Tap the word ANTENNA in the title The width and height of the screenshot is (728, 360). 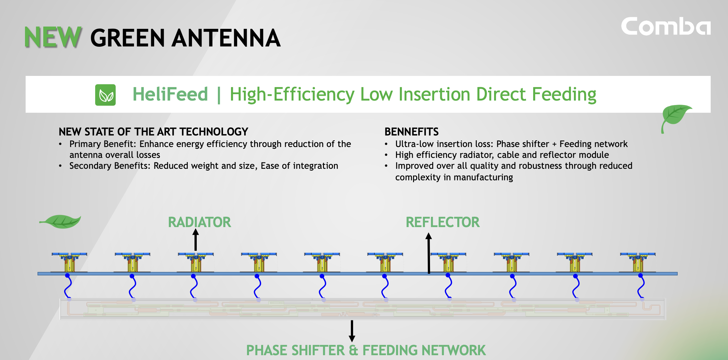click(x=226, y=38)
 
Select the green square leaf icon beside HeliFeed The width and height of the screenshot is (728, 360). click(x=105, y=95)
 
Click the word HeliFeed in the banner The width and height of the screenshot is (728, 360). click(x=170, y=94)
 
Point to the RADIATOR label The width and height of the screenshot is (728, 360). click(x=199, y=222)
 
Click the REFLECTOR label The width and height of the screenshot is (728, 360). click(x=443, y=222)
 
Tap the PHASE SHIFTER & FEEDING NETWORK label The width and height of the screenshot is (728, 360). click(x=366, y=350)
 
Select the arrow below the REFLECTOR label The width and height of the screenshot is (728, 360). click(x=429, y=253)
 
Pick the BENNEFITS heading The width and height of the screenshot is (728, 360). click(x=411, y=132)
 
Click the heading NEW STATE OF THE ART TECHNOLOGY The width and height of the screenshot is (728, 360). click(x=153, y=132)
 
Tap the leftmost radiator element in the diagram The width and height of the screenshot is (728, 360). click(x=69, y=262)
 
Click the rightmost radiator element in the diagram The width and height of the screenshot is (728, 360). click(x=638, y=262)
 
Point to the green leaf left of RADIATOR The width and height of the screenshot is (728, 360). click(x=61, y=221)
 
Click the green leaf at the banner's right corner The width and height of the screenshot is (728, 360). click(x=675, y=117)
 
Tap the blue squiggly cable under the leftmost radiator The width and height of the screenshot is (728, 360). click(x=68, y=287)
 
